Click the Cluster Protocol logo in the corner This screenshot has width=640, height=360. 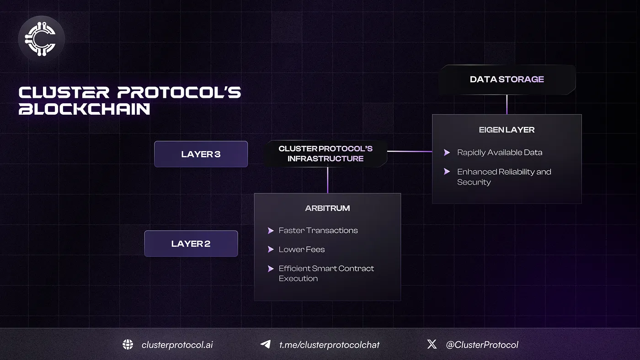click(x=42, y=39)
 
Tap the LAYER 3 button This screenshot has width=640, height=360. click(x=201, y=154)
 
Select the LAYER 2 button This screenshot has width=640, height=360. click(x=191, y=244)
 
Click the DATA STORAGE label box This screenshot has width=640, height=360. click(x=507, y=79)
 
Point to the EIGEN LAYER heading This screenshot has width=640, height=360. click(x=507, y=130)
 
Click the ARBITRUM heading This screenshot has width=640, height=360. click(x=327, y=208)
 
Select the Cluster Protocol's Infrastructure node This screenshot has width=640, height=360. click(x=325, y=154)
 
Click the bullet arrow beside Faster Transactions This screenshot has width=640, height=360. click(x=271, y=231)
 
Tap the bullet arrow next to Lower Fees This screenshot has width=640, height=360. click(x=271, y=249)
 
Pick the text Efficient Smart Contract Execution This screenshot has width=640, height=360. click(x=326, y=273)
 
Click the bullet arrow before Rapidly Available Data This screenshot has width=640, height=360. click(x=447, y=153)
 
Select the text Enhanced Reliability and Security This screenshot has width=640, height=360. click(x=504, y=177)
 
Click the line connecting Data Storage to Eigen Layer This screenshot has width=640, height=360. click(x=507, y=105)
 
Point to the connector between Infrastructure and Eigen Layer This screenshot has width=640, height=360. click(x=410, y=151)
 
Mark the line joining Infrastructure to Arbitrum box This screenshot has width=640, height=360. click(x=327, y=180)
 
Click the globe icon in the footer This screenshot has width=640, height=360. click(x=128, y=344)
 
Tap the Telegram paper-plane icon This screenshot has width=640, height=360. click(x=265, y=344)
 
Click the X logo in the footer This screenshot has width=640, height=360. click(x=432, y=344)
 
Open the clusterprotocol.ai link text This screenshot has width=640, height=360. click(x=177, y=345)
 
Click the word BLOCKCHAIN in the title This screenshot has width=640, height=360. click(x=85, y=109)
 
